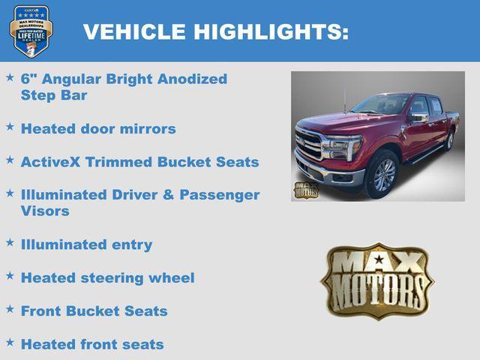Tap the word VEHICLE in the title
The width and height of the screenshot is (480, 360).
[135, 32]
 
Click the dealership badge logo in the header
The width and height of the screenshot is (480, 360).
[31, 31]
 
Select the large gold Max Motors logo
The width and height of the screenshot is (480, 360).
[377, 280]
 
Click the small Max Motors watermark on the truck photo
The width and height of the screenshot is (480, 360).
[305, 190]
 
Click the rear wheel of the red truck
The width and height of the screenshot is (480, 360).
[449, 140]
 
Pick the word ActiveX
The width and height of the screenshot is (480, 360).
[52, 161]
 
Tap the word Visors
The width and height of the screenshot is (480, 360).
[45, 211]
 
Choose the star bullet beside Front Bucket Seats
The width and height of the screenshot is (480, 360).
[10, 308]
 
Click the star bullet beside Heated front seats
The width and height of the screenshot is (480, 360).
[10, 342]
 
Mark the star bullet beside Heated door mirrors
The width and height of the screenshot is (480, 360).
[10, 126]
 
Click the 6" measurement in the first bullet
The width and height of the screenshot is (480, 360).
[28, 79]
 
